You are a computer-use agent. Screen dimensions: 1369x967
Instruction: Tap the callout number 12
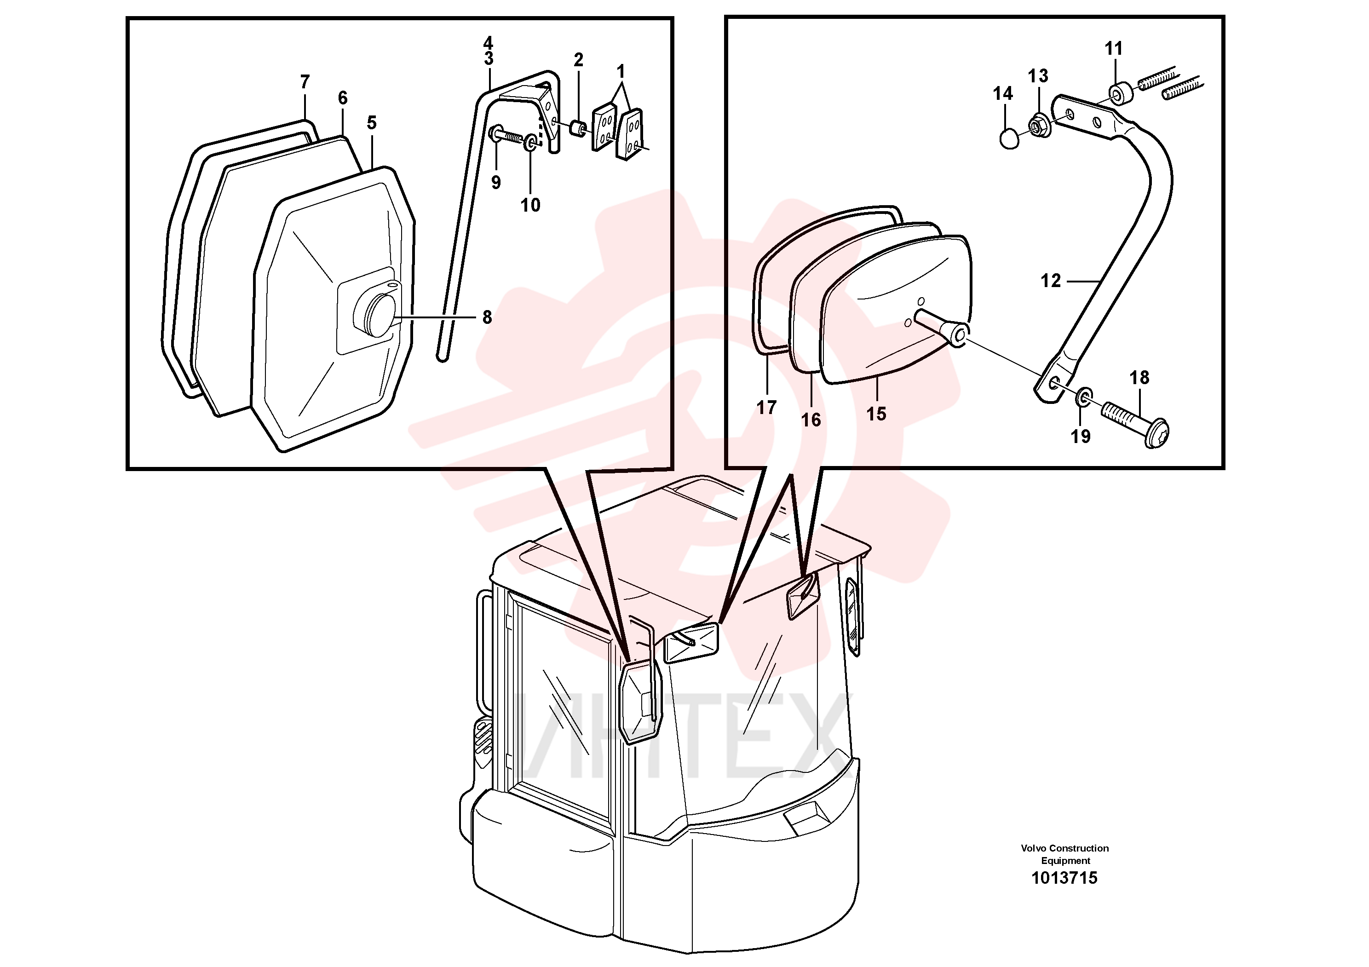pyautogui.click(x=1051, y=280)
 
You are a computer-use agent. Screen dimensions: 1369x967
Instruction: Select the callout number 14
pyautogui.click(x=1002, y=93)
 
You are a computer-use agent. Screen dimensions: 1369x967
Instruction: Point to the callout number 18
pyautogui.click(x=1139, y=377)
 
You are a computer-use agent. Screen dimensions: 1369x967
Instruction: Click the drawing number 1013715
pyautogui.click(x=1064, y=878)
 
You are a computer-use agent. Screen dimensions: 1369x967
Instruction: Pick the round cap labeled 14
pyautogui.click(x=1009, y=139)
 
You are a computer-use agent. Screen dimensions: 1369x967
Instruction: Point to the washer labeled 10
pyautogui.click(x=529, y=144)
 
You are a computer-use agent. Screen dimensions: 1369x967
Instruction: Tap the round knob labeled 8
pyautogui.click(x=374, y=313)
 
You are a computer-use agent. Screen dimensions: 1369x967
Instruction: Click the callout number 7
pyautogui.click(x=305, y=82)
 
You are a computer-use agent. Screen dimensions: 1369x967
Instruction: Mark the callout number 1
pyautogui.click(x=621, y=72)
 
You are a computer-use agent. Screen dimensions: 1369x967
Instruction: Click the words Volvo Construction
pyautogui.click(x=1065, y=848)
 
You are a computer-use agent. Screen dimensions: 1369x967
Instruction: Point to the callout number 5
pyautogui.click(x=372, y=123)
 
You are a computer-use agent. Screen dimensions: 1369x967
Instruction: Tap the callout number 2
pyautogui.click(x=578, y=60)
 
